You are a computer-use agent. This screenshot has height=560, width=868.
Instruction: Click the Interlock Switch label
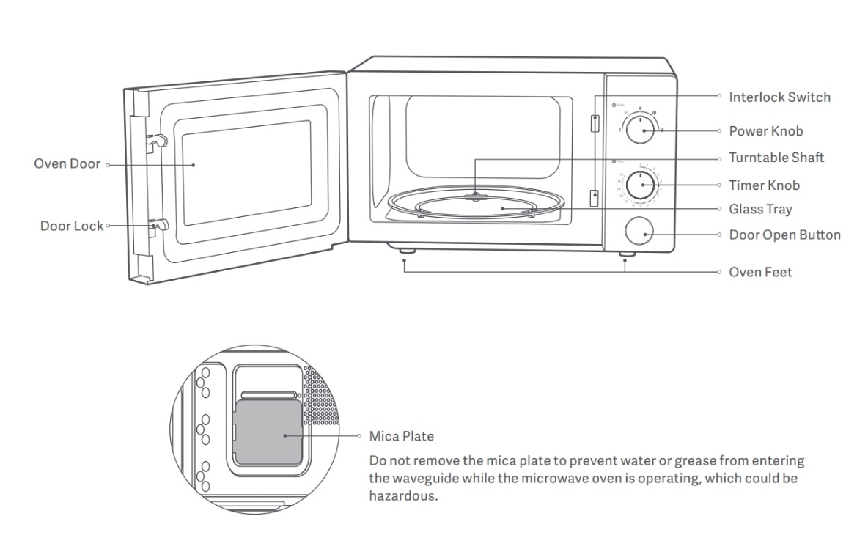pyautogui.click(x=779, y=97)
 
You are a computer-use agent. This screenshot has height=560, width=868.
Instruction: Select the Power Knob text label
pyautogui.click(x=765, y=131)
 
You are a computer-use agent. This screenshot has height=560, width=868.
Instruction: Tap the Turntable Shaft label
pyautogui.click(x=776, y=158)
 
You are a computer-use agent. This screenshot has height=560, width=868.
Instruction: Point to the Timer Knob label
pyautogui.click(x=764, y=185)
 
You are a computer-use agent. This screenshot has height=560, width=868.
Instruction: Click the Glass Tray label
pyautogui.click(x=760, y=209)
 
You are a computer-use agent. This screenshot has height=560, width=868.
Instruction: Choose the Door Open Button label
pyautogui.click(x=784, y=235)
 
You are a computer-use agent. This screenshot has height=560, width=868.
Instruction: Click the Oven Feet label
pyautogui.click(x=760, y=272)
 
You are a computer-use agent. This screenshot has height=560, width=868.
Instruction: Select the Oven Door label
pyautogui.click(x=67, y=163)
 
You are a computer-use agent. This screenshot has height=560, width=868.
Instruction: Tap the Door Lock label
pyautogui.click(x=71, y=226)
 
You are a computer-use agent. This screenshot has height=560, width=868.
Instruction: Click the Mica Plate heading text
pyautogui.click(x=401, y=436)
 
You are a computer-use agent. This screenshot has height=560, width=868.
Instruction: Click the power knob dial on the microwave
pyautogui.click(x=641, y=130)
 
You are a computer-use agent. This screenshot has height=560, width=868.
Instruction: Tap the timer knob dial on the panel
pyautogui.click(x=640, y=185)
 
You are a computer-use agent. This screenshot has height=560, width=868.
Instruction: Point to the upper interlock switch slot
pyautogui.click(x=594, y=124)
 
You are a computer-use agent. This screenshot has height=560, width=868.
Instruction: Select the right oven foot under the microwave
pyautogui.click(x=625, y=254)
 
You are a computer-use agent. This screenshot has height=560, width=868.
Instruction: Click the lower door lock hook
pyautogui.click(x=156, y=226)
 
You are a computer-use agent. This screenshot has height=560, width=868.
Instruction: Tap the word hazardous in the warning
pyautogui.click(x=402, y=495)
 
